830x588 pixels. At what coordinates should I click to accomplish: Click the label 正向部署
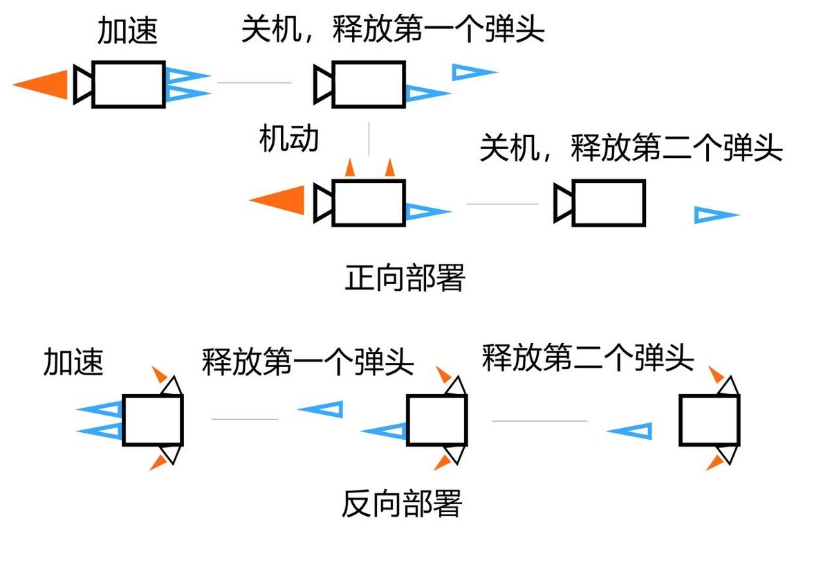tap(405, 278)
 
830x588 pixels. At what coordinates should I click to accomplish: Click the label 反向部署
tap(401, 504)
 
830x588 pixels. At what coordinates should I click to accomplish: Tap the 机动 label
tap(289, 139)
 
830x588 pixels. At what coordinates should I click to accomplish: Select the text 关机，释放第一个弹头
tap(392, 30)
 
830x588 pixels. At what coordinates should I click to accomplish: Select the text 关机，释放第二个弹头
tap(631, 149)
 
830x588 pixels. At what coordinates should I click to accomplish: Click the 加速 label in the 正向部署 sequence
tap(128, 31)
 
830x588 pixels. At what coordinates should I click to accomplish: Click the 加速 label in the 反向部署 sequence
tap(73, 362)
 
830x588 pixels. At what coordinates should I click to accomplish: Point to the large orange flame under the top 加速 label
tap(43, 84)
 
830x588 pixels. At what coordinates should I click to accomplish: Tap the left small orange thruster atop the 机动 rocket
tap(350, 168)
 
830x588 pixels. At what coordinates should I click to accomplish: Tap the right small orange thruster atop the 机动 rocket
tap(389, 168)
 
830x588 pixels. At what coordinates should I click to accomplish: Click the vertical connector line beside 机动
tap(369, 139)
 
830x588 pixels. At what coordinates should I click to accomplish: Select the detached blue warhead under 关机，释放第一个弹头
tap(473, 71)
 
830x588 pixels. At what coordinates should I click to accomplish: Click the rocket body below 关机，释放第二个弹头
tap(609, 202)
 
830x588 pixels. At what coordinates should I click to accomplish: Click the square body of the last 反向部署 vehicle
tap(709, 419)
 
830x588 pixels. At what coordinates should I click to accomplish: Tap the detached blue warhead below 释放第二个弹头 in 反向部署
tap(631, 431)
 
